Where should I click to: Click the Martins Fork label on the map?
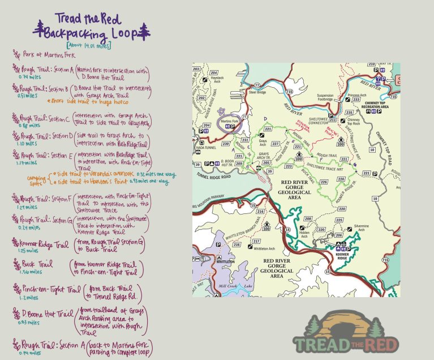(x=229, y=121)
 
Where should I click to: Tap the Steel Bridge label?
(x=257, y=91)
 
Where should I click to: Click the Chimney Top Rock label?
(x=354, y=122)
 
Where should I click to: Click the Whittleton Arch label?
(x=264, y=248)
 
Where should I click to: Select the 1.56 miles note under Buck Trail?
(x=31, y=272)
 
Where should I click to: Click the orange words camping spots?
(x=37, y=179)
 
